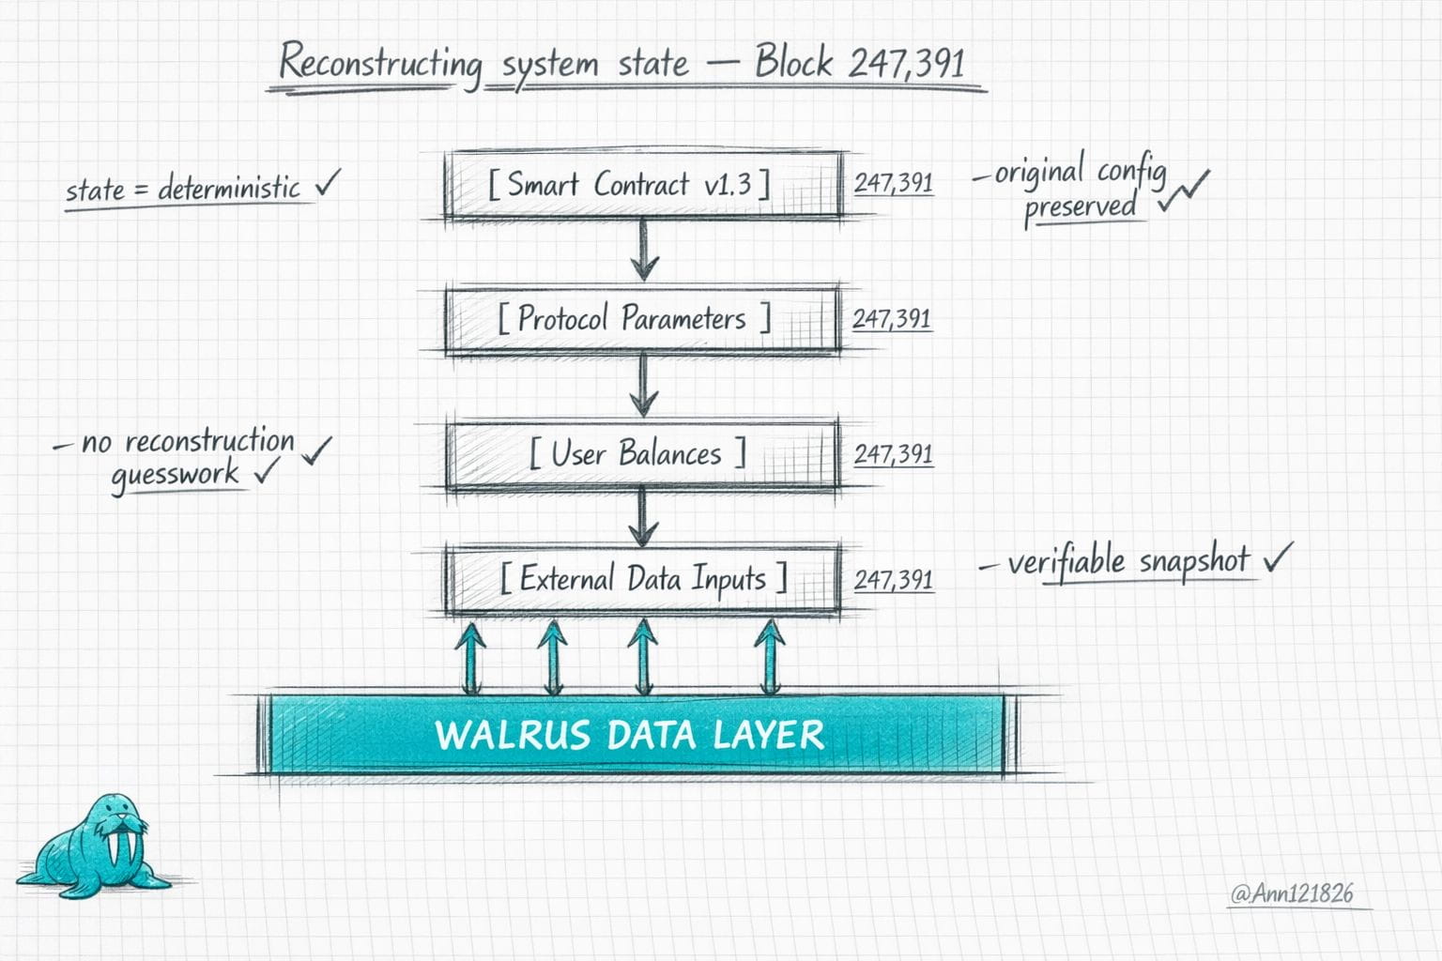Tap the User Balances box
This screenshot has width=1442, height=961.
641,455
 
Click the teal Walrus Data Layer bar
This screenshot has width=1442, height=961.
635,735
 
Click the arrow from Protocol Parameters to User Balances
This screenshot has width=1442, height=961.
644,386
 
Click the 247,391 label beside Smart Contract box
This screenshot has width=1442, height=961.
894,183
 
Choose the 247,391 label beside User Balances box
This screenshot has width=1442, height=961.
894,455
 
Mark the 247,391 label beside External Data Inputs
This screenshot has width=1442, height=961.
894,580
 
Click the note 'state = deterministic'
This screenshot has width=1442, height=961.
183,190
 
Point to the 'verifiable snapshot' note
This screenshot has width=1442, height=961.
1128,562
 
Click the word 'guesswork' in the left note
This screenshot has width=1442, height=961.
176,475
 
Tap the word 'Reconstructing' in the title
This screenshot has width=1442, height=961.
380,64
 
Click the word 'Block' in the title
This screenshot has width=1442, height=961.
793,63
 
